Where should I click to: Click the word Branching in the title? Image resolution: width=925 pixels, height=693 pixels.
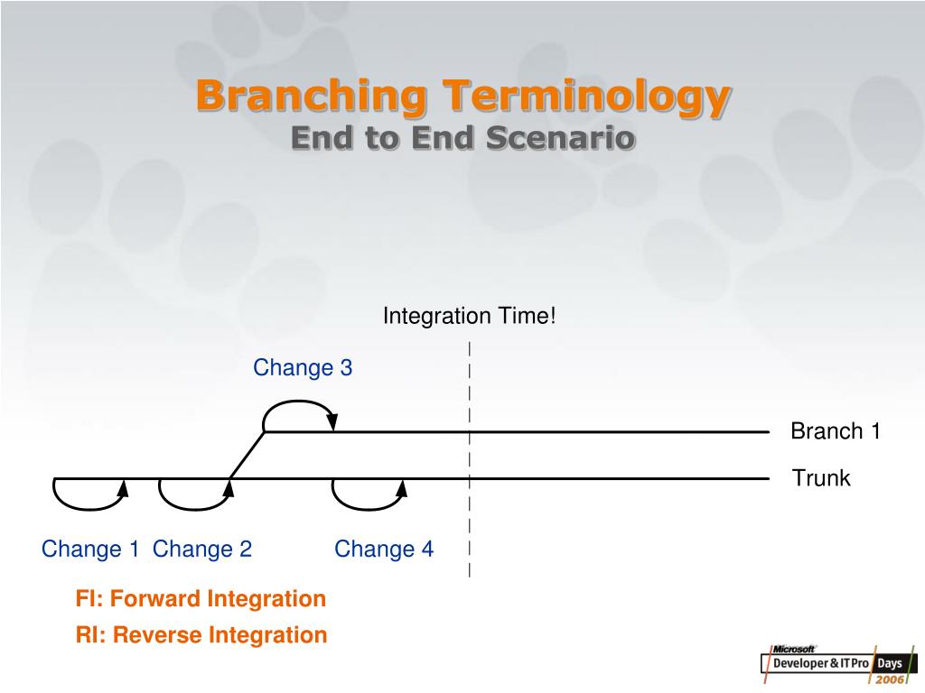[x=311, y=97]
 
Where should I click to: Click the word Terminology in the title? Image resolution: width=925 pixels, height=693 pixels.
[x=587, y=97]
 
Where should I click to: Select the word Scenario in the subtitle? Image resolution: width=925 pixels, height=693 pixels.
[x=561, y=138]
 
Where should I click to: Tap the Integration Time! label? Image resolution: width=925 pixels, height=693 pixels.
[x=470, y=316]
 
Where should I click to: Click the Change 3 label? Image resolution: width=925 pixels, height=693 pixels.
[x=303, y=368]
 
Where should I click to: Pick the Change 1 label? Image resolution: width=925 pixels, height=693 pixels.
[x=89, y=549]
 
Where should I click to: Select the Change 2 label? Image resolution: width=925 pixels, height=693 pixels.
[x=202, y=549]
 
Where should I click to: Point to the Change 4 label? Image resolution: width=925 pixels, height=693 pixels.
[x=384, y=549]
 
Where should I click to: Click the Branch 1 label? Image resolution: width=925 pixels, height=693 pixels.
[x=836, y=430]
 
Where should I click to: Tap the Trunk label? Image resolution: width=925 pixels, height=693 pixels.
[x=821, y=478]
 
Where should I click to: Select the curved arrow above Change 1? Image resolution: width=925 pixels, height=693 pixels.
[x=89, y=508]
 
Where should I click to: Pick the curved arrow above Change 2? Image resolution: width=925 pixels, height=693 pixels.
[x=195, y=508]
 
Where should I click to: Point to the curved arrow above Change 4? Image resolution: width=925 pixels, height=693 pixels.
[x=369, y=508]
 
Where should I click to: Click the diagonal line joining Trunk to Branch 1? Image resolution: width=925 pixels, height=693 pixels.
[x=248, y=455]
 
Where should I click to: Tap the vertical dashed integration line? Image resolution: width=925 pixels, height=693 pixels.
[x=470, y=459]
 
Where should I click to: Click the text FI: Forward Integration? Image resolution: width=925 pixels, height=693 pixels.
[x=201, y=599]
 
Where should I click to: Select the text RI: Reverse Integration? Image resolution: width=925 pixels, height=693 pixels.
[x=201, y=634]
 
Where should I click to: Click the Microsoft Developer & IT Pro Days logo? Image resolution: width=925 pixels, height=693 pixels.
[x=839, y=664]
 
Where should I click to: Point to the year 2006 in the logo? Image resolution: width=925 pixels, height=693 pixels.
[x=890, y=679]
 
